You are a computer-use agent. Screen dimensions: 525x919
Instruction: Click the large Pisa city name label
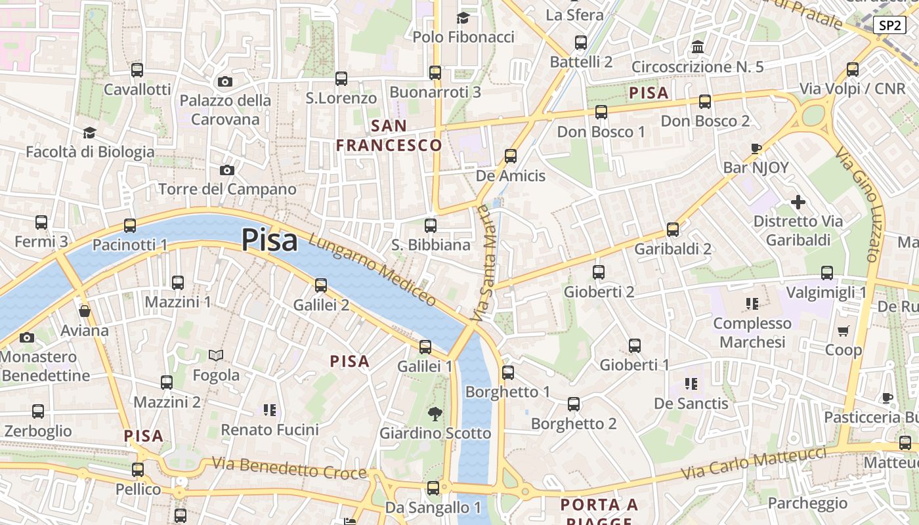coord(269,240)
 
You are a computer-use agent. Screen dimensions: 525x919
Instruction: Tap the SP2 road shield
coord(889,26)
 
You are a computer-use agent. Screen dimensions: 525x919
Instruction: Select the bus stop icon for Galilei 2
coord(320,285)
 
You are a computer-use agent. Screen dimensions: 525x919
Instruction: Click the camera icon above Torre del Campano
coord(226,171)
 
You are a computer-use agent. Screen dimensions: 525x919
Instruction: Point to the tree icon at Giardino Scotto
coord(435,413)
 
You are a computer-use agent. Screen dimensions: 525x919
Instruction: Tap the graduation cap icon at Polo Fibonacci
coord(463,18)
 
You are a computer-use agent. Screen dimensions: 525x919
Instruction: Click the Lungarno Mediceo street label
coord(372,270)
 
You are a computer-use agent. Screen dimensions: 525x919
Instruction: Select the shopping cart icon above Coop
coord(844,331)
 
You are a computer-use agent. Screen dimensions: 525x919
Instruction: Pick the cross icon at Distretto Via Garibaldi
coord(798,202)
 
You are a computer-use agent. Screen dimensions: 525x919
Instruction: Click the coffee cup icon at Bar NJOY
coord(756,148)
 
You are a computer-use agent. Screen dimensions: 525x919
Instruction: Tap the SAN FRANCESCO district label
coord(389,135)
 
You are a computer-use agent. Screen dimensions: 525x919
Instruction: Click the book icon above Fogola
coord(216,356)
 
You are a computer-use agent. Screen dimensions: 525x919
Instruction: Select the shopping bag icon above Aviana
coord(84,311)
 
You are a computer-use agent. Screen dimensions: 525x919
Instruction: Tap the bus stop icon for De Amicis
coord(510,156)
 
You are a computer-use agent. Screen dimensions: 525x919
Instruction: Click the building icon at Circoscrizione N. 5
coord(697,47)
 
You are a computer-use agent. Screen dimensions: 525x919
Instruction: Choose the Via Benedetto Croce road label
coord(289,469)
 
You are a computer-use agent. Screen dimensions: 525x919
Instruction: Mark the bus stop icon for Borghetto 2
coord(574,404)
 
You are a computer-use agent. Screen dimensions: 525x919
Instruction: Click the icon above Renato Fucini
coord(269,410)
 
